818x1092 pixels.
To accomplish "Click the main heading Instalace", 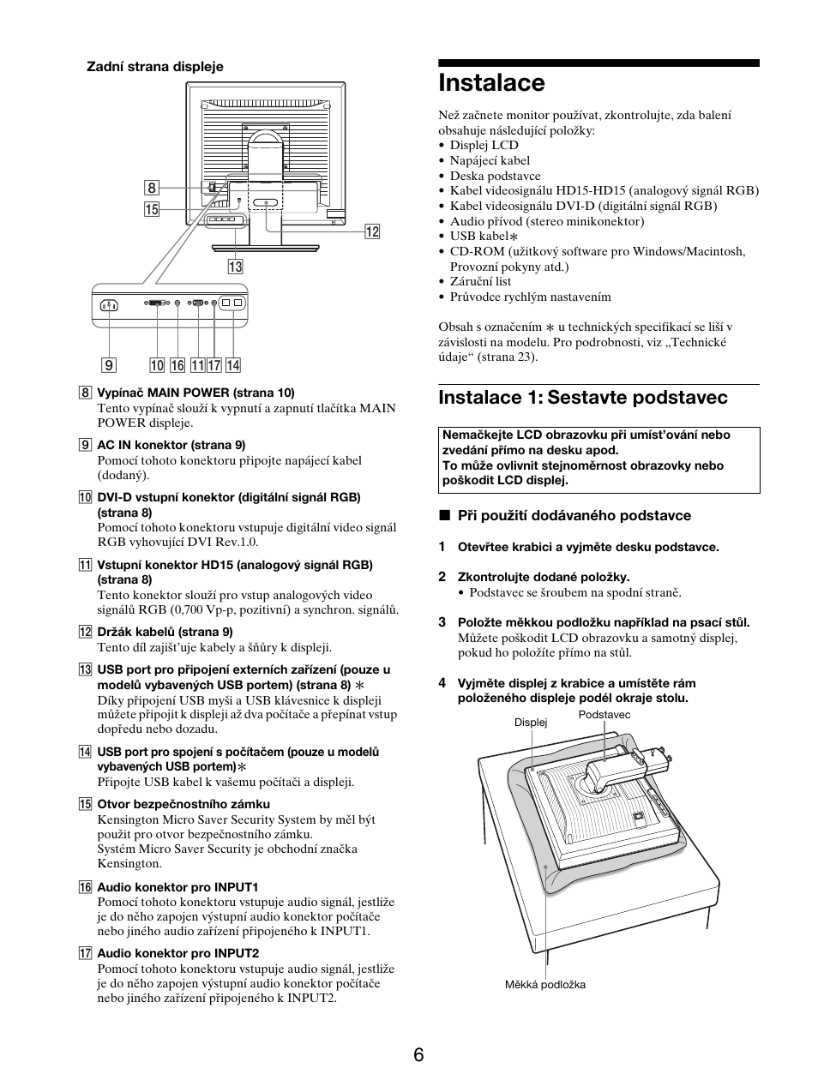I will (491, 83).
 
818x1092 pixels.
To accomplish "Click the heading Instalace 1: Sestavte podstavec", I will (582, 398).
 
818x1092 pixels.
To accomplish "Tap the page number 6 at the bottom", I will (418, 1054).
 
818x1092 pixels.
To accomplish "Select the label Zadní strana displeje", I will (153, 66).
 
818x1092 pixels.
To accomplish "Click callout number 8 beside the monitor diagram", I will (152, 189).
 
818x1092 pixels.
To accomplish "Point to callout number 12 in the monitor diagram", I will (371, 231).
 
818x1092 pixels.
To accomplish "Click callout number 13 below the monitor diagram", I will (235, 267).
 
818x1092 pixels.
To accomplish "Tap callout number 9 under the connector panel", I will (109, 365).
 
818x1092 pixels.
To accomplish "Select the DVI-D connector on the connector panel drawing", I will (158, 303).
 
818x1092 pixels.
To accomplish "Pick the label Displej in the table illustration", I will (530, 723).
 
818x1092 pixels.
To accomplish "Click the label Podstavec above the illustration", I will (604, 715).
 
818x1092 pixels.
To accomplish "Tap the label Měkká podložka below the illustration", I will (544, 985).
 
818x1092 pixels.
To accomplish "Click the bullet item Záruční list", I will (480, 281).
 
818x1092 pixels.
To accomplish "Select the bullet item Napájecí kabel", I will (490, 160).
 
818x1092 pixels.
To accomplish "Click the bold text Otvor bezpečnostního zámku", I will (183, 804).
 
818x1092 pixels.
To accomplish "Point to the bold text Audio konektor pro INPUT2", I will (177, 953).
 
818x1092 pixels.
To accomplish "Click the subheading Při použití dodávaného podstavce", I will (574, 515).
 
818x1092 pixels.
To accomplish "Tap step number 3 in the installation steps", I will (442, 622).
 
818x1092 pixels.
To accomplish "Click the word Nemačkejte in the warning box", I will (470, 435).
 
